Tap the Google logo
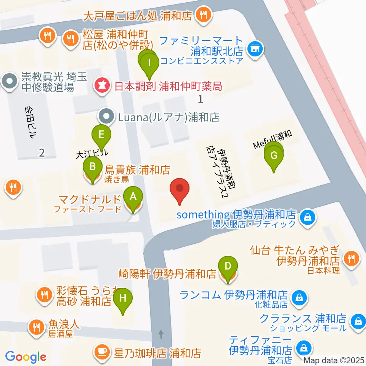(x=26, y=357)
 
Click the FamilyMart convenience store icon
(x=255, y=49)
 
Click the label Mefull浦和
(x=273, y=140)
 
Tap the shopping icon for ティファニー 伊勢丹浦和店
(x=304, y=347)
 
